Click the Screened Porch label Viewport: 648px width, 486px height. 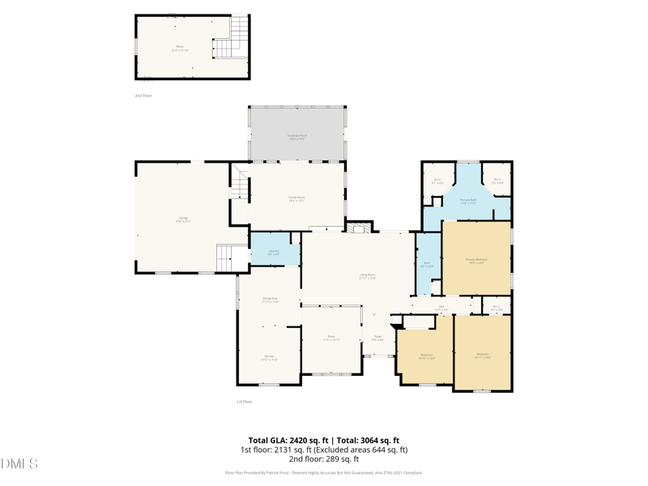pos(297,137)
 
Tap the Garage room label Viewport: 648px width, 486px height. pos(183,219)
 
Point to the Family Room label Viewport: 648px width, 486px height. pos(296,198)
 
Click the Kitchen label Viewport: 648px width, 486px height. pos(269,357)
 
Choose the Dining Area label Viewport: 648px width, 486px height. pos(270,300)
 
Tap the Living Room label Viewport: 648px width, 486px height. pos(367,276)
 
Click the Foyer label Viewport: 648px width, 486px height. pos(377,338)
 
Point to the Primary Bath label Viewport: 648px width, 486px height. pos(468,201)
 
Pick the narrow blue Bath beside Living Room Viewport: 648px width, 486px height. pos(427,264)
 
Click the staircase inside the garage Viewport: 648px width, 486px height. pos(232,258)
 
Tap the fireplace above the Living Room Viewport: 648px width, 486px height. pos(360,227)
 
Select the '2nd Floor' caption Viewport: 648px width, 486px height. pos(143,96)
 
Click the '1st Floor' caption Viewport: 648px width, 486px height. pos(245,402)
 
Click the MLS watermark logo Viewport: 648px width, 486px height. pos(19,464)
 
